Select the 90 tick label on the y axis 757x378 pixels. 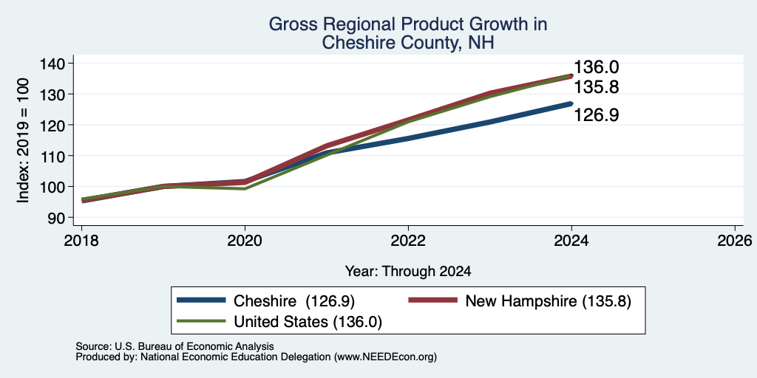click(x=55, y=218)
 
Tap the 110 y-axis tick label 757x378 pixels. click(x=51, y=156)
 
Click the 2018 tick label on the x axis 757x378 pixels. click(x=81, y=240)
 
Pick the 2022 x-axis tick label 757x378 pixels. click(x=408, y=240)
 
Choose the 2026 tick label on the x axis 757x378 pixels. click(x=735, y=240)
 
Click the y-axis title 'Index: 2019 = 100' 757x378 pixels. click(x=23, y=140)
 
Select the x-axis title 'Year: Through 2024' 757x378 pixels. click(x=408, y=272)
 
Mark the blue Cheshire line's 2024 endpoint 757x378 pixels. click(x=571, y=103)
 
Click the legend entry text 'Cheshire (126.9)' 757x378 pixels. click(x=294, y=301)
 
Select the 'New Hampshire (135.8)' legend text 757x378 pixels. click(x=549, y=301)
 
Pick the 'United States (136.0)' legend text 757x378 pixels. click(x=308, y=322)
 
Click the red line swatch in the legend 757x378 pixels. click(x=432, y=300)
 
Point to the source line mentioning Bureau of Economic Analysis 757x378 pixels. click(x=174, y=346)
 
